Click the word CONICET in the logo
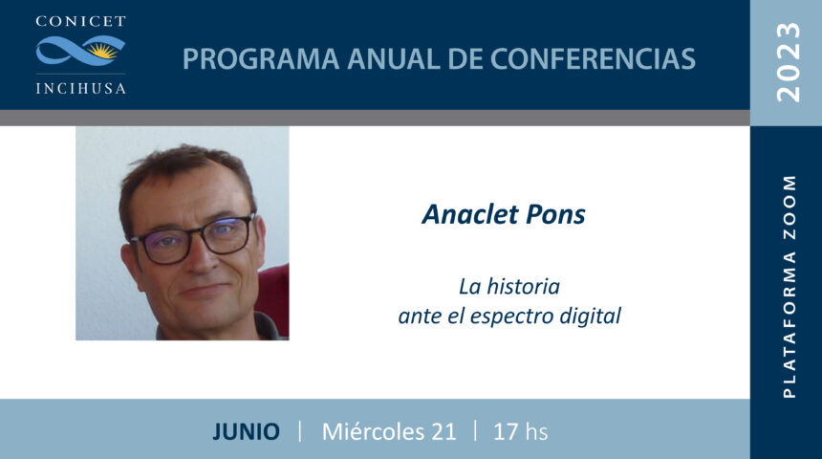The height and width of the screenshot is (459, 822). [x=80, y=21]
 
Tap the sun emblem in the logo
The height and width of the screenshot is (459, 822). [x=101, y=52]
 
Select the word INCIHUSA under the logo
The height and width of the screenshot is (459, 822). [x=80, y=88]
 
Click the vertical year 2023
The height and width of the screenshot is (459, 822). [x=789, y=62]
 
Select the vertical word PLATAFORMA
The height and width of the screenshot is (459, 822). [x=789, y=324]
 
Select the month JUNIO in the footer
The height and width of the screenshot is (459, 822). [x=246, y=431]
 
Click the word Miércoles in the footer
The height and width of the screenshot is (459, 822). [x=374, y=431]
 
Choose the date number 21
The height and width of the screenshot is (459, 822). [x=443, y=431]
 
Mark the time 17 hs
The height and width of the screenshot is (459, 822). [x=520, y=431]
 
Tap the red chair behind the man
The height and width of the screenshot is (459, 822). [x=272, y=299]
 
